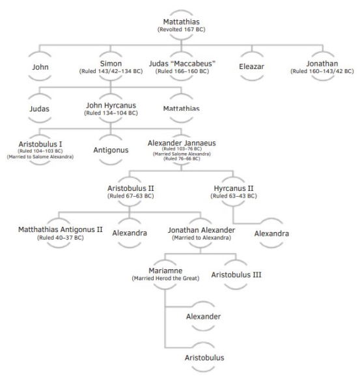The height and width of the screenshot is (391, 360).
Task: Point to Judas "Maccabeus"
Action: pyautogui.click(x=182, y=63)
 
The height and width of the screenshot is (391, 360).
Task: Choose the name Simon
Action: pyautogui.click(x=110, y=63)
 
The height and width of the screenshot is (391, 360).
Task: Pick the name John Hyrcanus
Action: pyautogui.click(x=111, y=106)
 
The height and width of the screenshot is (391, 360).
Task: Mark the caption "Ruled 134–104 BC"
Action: pyautogui.click(x=111, y=113)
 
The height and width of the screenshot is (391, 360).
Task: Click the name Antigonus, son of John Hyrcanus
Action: pyautogui.click(x=111, y=150)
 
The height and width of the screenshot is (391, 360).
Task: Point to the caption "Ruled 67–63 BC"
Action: pyautogui.click(x=130, y=196)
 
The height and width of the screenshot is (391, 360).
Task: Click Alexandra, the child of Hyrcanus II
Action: pyautogui.click(x=271, y=233)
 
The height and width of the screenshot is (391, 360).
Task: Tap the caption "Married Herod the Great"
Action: pyautogui.click(x=165, y=278)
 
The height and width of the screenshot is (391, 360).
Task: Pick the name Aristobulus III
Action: pyautogui.click(x=237, y=274)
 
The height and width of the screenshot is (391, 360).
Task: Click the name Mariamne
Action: pyautogui.click(x=165, y=270)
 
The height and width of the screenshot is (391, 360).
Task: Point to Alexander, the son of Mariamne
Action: pyautogui.click(x=203, y=316)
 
